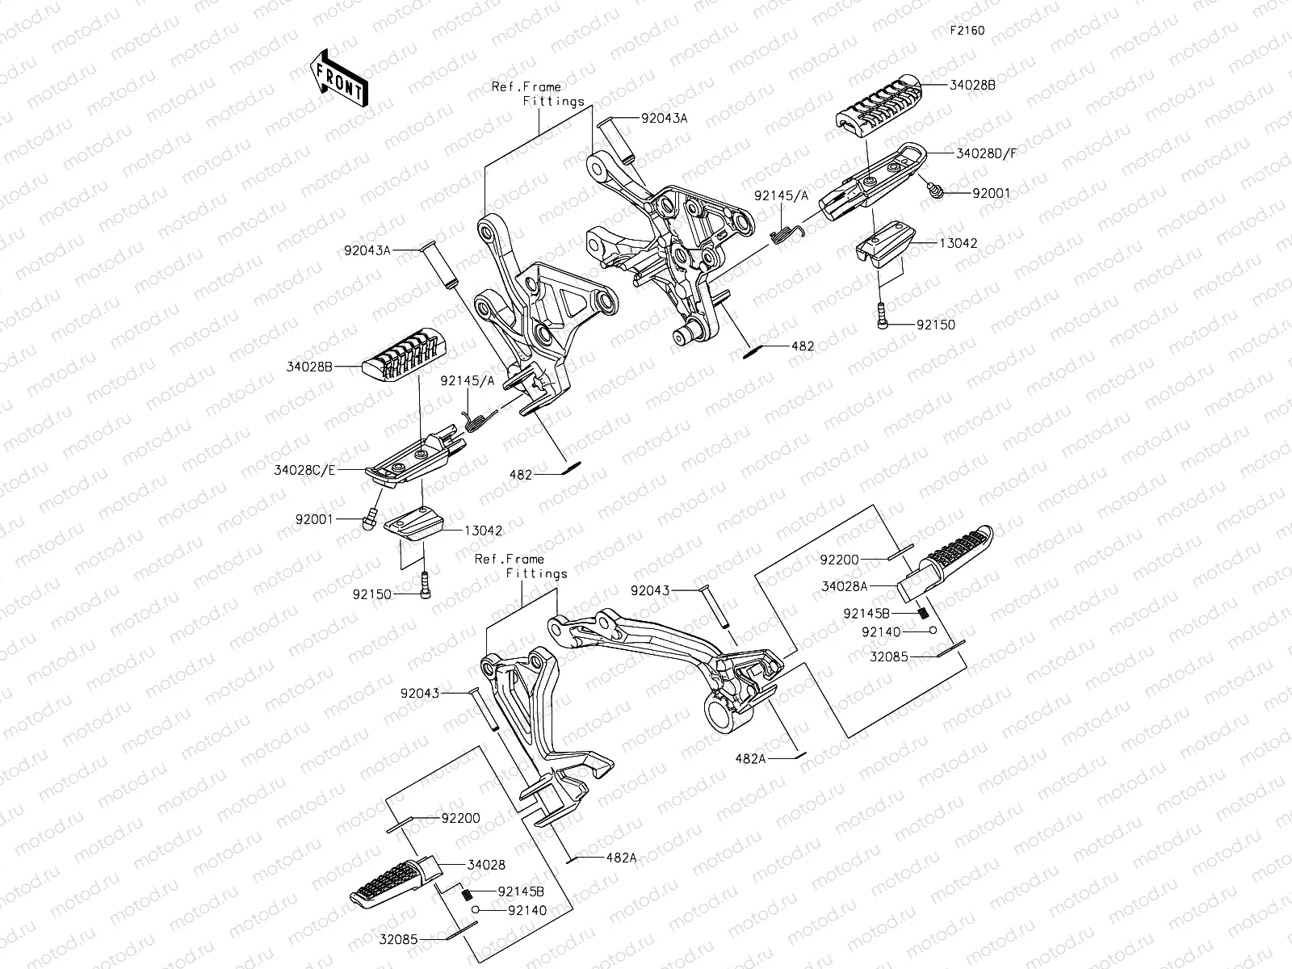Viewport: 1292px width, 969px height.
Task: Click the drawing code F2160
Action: (x=967, y=31)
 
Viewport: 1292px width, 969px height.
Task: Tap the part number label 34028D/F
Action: (x=986, y=153)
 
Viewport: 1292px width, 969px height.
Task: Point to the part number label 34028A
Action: (x=845, y=587)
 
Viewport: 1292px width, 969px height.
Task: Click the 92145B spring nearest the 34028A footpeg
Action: (x=921, y=613)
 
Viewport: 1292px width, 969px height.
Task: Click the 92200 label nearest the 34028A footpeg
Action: (x=840, y=559)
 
